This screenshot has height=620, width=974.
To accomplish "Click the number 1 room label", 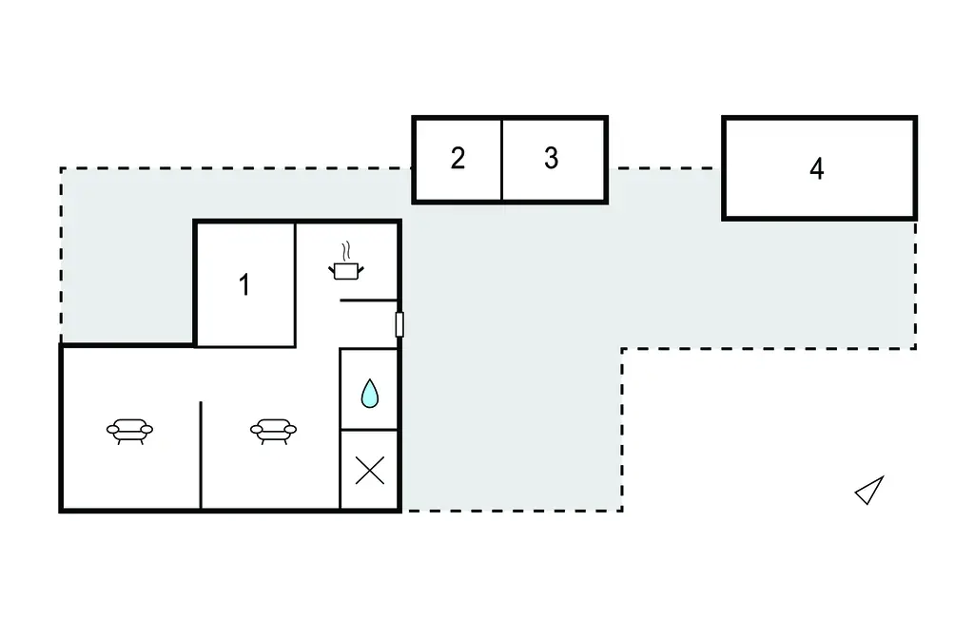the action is [244, 285].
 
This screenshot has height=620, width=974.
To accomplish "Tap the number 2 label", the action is [458, 159].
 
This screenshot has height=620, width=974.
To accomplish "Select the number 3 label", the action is [551, 159].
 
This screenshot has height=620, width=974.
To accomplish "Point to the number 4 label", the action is [817, 169].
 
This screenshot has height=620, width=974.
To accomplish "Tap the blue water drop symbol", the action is [370, 394].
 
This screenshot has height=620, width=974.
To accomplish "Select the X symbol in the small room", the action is [370, 471].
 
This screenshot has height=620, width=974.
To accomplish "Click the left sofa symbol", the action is [129, 431].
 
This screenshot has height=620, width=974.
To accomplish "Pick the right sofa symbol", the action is [273, 431].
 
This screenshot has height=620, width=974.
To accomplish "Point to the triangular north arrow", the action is [870, 490].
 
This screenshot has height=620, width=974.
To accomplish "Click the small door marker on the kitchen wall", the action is [399, 325].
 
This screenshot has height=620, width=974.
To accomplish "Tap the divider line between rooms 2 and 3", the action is [501, 159].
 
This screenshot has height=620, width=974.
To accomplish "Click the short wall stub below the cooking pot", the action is [368, 300].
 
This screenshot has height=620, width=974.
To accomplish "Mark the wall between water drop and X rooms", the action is [369, 429].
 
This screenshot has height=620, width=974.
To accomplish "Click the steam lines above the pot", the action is [346, 252].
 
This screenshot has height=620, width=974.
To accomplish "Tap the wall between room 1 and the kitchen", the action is [295, 284].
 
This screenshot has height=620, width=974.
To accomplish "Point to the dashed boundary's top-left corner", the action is [61, 168].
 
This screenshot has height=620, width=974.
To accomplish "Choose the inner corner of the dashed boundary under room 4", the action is [622, 349].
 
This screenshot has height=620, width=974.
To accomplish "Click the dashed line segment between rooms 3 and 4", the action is [665, 168].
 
